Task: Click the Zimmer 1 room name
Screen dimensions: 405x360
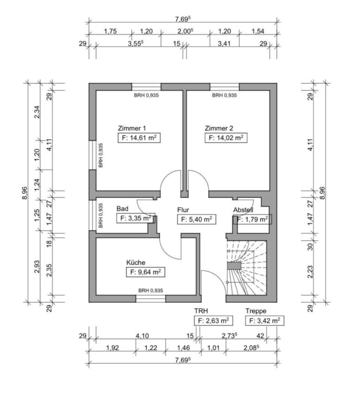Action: point(132,128)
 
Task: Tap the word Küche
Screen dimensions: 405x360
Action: point(135,262)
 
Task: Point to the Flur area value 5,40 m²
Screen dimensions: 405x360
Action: point(196,219)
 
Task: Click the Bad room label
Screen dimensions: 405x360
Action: point(122,208)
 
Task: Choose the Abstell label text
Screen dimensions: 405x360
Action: point(243,210)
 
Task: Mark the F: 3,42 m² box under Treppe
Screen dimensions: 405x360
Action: point(264,321)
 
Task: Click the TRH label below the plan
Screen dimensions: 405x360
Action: point(201,311)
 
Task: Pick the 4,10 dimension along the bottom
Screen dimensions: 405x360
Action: point(142,336)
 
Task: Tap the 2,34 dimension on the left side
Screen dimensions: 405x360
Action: point(37,112)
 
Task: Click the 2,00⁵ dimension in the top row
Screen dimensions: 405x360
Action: point(186,31)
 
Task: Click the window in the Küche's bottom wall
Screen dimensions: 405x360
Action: point(150,298)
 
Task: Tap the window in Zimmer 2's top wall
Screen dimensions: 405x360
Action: point(224,87)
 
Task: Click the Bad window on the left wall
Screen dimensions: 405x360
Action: point(92,216)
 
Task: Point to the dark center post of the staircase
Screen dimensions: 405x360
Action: point(233,266)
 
